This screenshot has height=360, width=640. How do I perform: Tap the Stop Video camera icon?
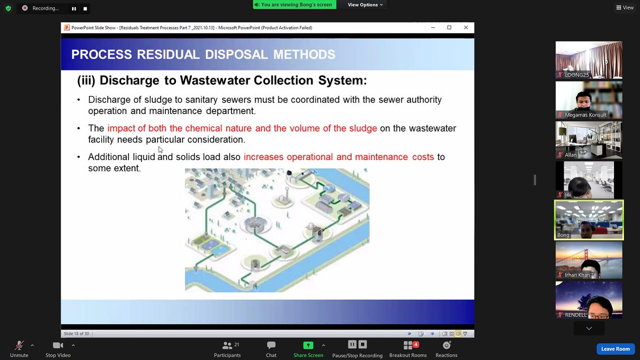[58, 346]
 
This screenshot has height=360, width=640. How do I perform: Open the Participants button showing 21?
[227, 349]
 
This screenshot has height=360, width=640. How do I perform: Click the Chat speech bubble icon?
[271, 345]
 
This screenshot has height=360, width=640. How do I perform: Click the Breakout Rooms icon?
[408, 346]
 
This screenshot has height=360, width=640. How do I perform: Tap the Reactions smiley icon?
[446, 345]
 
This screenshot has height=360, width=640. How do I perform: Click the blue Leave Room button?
[615, 349]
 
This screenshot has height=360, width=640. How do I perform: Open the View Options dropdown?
[365, 5]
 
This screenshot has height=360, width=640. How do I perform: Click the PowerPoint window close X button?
[466, 27]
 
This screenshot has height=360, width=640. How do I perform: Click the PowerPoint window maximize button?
[449, 27]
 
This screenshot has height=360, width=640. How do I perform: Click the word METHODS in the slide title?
[304, 54]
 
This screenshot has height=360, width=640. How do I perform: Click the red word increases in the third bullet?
[263, 157]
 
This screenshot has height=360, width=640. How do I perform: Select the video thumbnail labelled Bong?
[589, 220]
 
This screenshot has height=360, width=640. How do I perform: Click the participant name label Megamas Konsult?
[586, 115]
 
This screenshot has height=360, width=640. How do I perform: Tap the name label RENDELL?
[575, 315]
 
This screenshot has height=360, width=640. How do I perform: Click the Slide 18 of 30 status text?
[76, 334]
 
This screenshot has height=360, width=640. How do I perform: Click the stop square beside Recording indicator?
[85, 9]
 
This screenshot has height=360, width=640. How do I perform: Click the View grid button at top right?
[625, 7]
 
